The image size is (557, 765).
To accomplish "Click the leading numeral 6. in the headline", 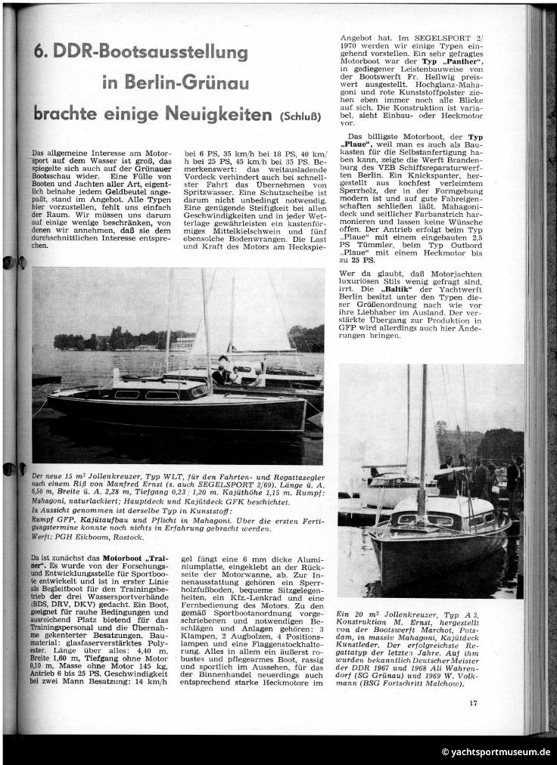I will (42, 53).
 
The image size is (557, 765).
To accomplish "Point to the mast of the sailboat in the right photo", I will (423, 438).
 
